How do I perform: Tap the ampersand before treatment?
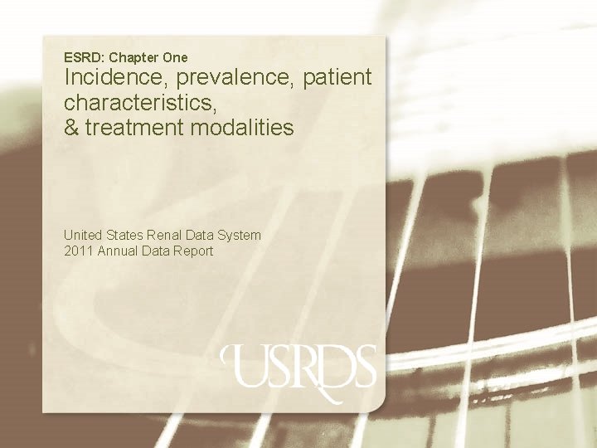[71, 128]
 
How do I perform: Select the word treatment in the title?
[133, 129]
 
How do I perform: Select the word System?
[240, 236]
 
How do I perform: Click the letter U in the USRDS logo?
[245, 366]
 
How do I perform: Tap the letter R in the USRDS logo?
[308, 368]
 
